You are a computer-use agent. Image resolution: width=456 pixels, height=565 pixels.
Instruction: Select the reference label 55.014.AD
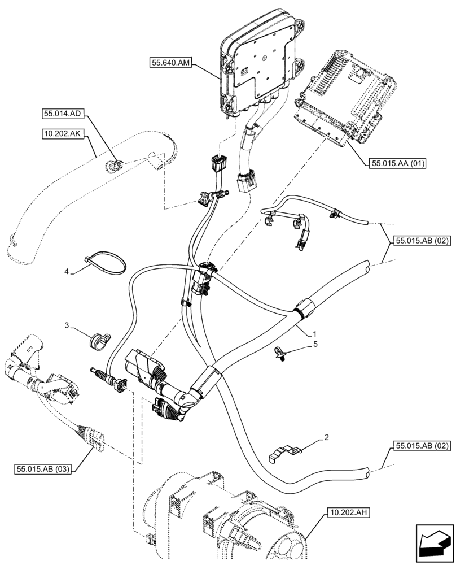tap(63, 114)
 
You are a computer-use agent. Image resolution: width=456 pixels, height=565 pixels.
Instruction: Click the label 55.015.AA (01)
tap(397, 164)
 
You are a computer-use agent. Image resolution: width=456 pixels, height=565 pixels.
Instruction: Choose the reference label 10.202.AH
tap(347, 513)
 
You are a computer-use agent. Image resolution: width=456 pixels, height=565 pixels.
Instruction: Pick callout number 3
tap(67, 325)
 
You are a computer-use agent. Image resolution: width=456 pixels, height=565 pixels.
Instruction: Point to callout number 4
tap(67, 272)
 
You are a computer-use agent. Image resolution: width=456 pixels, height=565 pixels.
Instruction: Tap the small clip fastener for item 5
tap(280, 354)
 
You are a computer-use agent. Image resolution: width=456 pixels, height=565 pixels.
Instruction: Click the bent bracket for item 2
tap(282, 453)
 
